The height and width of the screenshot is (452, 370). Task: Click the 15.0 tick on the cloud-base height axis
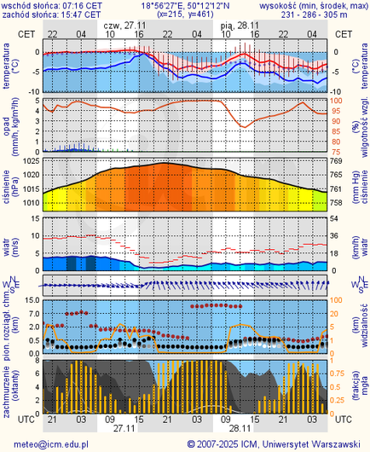tap(29, 301)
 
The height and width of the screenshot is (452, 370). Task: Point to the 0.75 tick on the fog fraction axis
tap(338, 372)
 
